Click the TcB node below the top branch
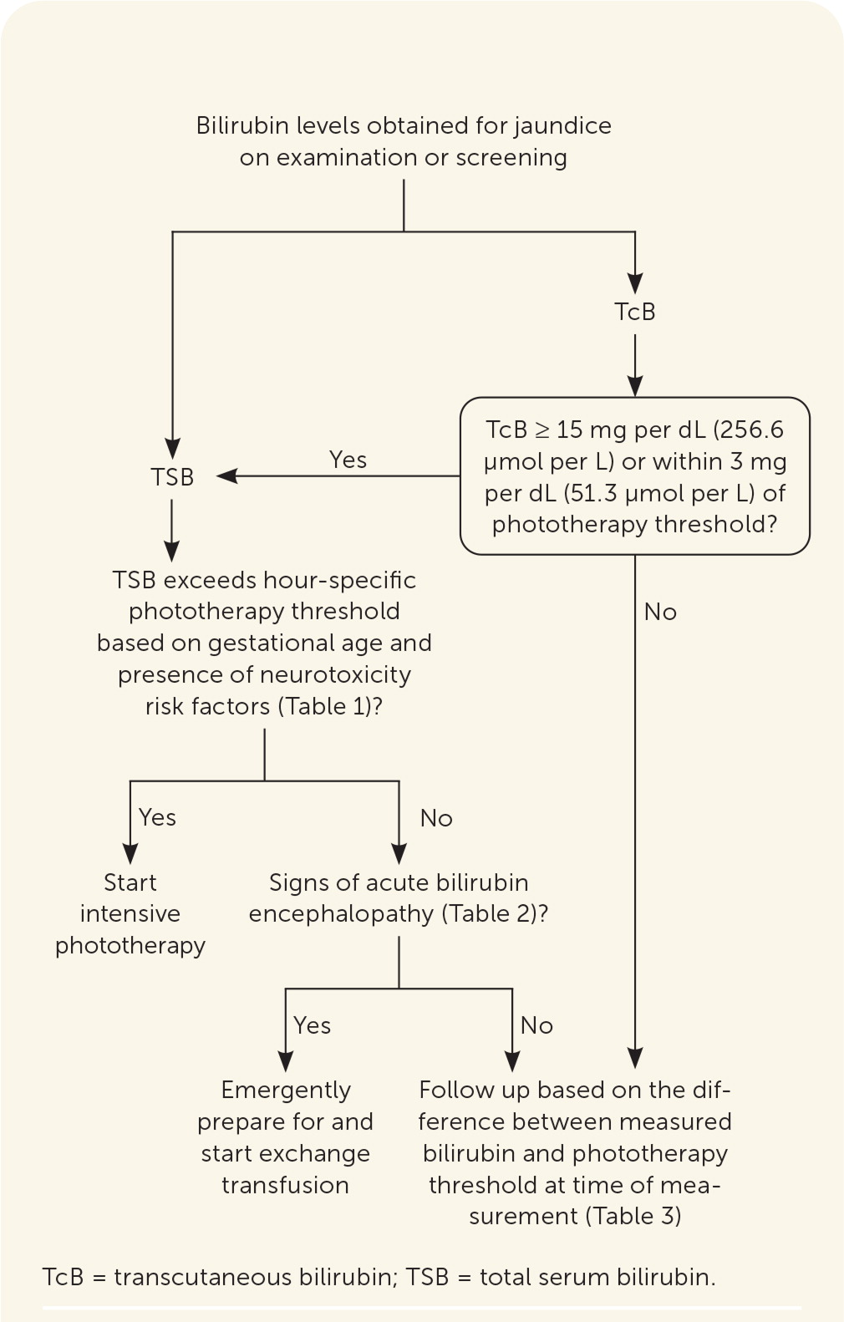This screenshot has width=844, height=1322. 635,312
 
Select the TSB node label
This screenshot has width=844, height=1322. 172,477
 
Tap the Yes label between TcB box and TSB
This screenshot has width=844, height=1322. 348,460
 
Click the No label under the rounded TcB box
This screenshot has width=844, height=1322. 660,613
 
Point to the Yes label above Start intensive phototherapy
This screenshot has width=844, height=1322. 157,817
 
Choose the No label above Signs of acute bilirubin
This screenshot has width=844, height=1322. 436,818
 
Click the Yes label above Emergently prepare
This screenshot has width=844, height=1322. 312,1025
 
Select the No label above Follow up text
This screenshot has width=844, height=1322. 536,1025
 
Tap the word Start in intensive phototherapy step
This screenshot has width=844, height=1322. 130,882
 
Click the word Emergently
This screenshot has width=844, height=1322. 286,1090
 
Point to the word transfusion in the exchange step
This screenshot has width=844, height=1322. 286,1185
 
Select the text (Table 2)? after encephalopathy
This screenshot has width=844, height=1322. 495,913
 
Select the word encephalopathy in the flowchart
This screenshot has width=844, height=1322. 341,913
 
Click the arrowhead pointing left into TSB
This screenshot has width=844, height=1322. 226,476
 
